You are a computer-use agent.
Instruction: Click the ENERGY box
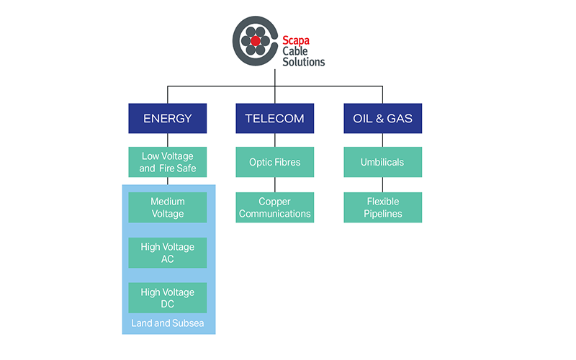pyautogui.click(x=168, y=118)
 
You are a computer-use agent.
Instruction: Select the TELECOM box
pyautogui.click(x=275, y=118)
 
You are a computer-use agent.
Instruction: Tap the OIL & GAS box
pyautogui.click(x=382, y=118)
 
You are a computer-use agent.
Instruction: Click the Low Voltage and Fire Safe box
pyautogui.click(x=168, y=163)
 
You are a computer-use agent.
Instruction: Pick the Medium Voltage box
pyautogui.click(x=168, y=207)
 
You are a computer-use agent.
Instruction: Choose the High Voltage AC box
pyautogui.click(x=168, y=253)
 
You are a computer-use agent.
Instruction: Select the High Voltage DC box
pyautogui.click(x=168, y=298)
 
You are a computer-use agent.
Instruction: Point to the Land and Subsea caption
pyautogui.click(x=168, y=323)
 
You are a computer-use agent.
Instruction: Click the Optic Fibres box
pyautogui.click(x=275, y=162)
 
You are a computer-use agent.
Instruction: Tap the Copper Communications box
pyautogui.click(x=275, y=207)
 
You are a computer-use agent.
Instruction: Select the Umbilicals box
pyautogui.click(x=382, y=162)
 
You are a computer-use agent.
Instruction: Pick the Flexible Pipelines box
pyautogui.click(x=382, y=207)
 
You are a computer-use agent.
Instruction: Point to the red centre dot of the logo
pyautogui.click(x=256, y=42)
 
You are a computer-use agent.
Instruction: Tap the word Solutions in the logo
pyautogui.click(x=303, y=62)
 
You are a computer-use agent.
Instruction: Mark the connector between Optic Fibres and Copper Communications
pyautogui.click(x=275, y=184)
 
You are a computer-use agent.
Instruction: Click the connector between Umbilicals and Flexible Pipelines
pyautogui.click(x=382, y=184)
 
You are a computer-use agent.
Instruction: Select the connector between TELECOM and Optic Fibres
pyautogui.click(x=275, y=140)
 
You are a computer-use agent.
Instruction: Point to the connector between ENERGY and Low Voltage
pyautogui.click(x=168, y=140)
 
